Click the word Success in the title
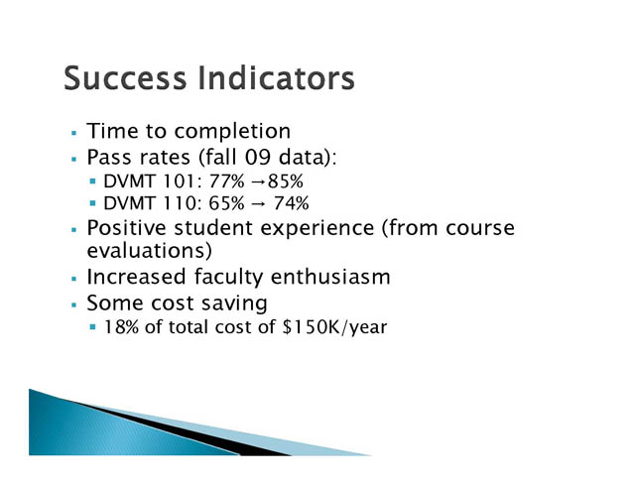tap(125, 77)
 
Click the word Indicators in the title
tap(277, 77)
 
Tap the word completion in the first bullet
tap(232, 132)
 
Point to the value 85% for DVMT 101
tap(285, 181)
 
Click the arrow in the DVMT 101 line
tap(258, 181)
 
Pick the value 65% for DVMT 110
tap(227, 203)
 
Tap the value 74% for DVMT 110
tap(291, 203)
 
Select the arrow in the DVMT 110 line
tap(258, 203)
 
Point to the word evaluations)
tap(150, 251)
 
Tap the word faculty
tap(228, 278)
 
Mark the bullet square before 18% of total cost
tap(93, 326)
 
